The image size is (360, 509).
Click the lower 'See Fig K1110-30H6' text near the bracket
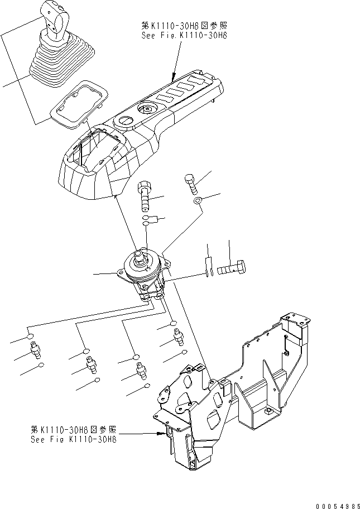point(74,439)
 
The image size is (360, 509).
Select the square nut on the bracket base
point(270,412)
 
